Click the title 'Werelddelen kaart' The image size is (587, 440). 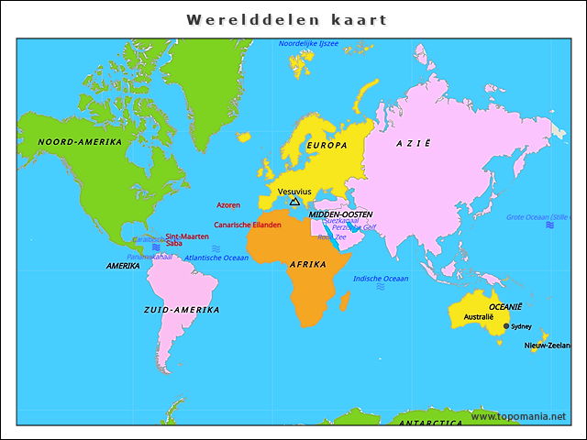click(286, 19)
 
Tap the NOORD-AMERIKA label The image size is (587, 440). click(80, 142)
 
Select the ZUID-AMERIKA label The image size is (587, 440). click(182, 310)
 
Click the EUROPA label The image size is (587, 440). click(327, 146)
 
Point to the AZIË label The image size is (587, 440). click(413, 144)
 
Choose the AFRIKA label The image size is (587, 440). click(308, 264)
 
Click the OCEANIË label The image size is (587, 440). click(504, 306)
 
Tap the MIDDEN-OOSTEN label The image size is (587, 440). click(340, 214)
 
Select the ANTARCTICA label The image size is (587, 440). click(431, 423)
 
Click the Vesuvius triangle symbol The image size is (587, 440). click(294, 202)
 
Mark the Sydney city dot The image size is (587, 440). click(506, 325)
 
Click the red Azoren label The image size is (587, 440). click(228, 205)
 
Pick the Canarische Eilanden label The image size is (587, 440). click(247, 225)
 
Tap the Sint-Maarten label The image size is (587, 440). click(187, 236)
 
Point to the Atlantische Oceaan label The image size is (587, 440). click(216, 258)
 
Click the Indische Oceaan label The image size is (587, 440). click(381, 279)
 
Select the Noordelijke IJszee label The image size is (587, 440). click(308, 43)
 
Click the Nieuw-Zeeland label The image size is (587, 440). click(547, 346)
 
